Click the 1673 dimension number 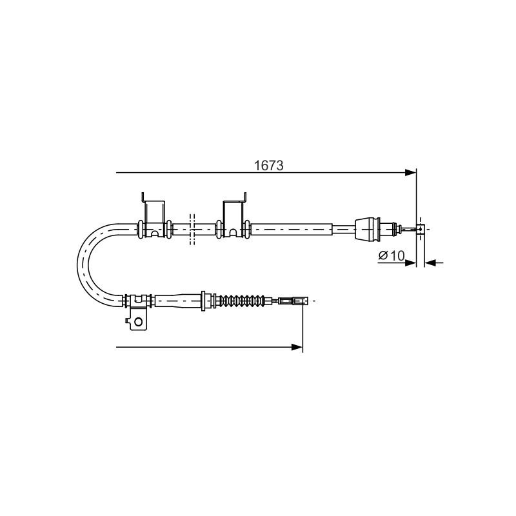coord(268,166)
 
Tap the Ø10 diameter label coord(392,255)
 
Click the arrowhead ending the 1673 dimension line coord(411,172)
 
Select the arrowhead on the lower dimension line coord(297,347)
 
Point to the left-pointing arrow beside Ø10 coord(434,263)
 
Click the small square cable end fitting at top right coord(421,229)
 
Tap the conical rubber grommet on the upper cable coord(368,229)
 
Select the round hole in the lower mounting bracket coord(139,321)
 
